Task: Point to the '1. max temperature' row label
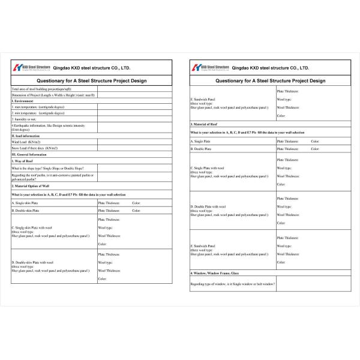37,107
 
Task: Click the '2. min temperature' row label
36,113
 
